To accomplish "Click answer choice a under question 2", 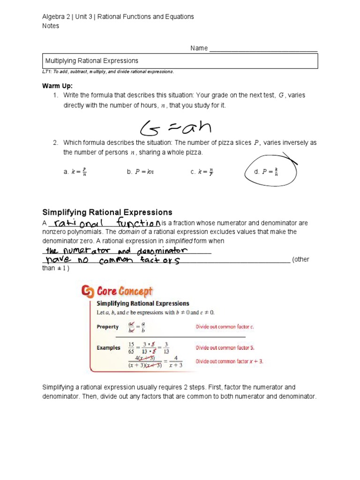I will [75, 172].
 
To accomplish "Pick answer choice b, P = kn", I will [140, 172].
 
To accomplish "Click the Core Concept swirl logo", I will [88, 292].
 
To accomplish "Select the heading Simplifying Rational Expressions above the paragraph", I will [107, 212].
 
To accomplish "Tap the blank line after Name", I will [263, 49].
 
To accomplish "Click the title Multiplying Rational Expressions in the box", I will [91, 61].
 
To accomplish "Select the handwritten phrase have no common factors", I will [112, 260].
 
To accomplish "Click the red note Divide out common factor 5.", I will [225, 348].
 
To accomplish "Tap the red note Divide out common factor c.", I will [225, 327].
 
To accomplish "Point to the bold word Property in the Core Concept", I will [108, 327].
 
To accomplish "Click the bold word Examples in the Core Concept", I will [108, 348].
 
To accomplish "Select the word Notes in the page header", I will [51, 26].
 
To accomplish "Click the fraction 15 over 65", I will [133, 348].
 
